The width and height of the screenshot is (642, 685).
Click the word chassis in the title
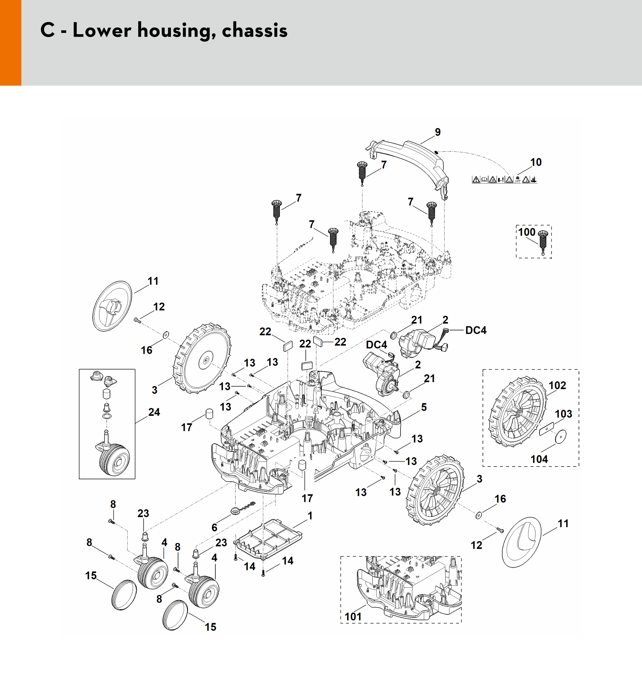click(x=255, y=30)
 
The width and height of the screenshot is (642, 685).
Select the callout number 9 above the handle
click(x=438, y=132)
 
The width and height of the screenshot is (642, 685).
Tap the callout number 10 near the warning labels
click(x=536, y=162)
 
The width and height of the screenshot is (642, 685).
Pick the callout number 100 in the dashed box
click(x=526, y=232)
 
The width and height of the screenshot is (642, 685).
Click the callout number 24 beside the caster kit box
click(x=154, y=412)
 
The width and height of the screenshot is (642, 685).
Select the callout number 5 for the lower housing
click(x=424, y=407)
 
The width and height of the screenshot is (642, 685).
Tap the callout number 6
click(x=214, y=527)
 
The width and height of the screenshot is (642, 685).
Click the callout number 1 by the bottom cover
click(x=310, y=516)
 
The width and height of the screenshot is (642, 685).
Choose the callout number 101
click(x=353, y=616)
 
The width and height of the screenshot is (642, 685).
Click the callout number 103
click(x=563, y=414)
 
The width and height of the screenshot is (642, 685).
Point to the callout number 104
click(x=539, y=459)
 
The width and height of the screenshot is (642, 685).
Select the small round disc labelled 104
click(x=561, y=437)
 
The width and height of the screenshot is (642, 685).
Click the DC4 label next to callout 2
click(x=476, y=330)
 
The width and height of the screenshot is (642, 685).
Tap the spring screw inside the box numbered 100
click(x=543, y=241)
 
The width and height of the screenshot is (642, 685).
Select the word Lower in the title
click(x=102, y=30)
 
